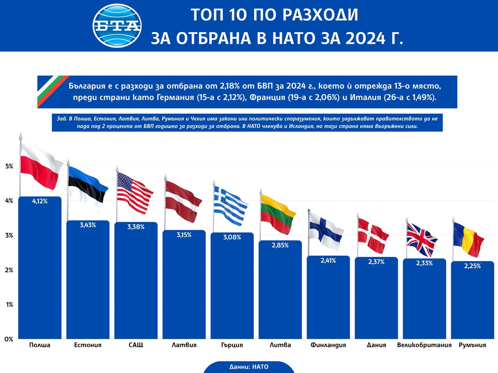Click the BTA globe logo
pyautogui.click(x=118, y=25)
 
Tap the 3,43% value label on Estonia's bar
pyautogui.click(x=88, y=225)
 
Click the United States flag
pyautogui.click(x=134, y=192)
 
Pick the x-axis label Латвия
pyautogui.click(x=184, y=345)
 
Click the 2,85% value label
pyautogui.click(x=280, y=245)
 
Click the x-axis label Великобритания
pyautogui.click(x=424, y=345)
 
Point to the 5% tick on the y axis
pyautogui.click(x=8, y=166)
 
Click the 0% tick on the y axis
pyautogui.click(x=8, y=339)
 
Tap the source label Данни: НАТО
pyautogui.click(x=249, y=367)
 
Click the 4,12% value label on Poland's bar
pyautogui.click(x=40, y=201)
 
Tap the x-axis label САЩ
pyautogui.click(x=135, y=345)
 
